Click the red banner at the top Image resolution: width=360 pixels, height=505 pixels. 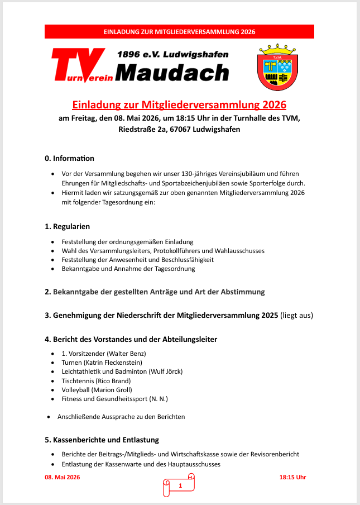(x=179, y=32)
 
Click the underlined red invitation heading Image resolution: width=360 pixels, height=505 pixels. (x=179, y=105)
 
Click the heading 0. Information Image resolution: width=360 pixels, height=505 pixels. (x=69, y=159)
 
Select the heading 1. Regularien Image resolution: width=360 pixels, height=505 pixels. (x=67, y=226)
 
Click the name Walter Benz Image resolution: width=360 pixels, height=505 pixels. (x=127, y=354)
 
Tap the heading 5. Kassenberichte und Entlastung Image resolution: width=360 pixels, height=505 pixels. (x=102, y=440)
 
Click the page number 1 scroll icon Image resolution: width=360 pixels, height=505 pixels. (x=180, y=485)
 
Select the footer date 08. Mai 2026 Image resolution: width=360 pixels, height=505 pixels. (x=63, y=477)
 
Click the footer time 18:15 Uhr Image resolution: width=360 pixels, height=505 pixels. (x=292, y=477)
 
